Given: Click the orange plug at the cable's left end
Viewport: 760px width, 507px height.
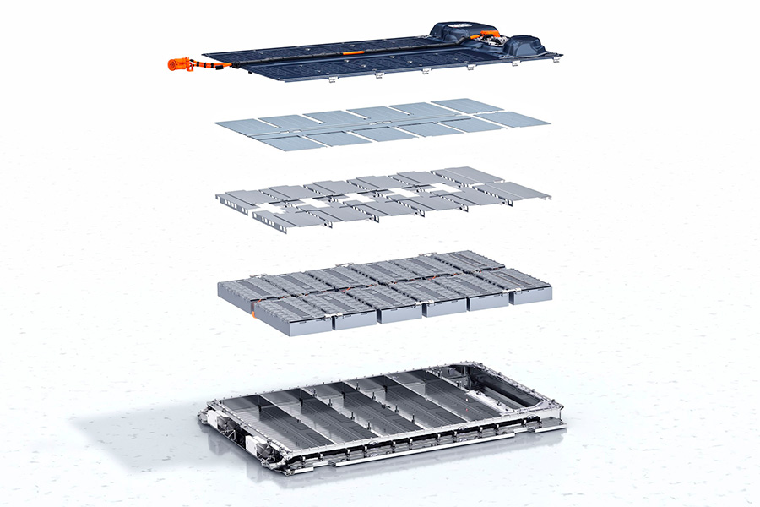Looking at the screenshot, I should coord(178,63).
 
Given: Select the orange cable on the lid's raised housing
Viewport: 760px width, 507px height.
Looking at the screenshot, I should coord(489,37).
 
